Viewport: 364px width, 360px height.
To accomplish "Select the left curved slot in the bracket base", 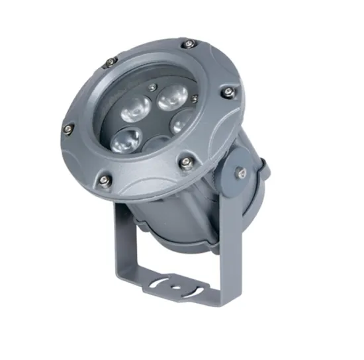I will (x=158, y=285).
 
